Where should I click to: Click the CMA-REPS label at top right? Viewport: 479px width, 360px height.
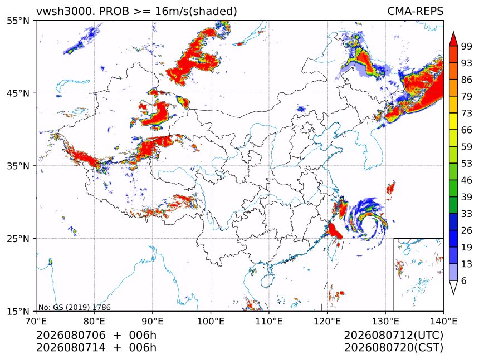tap(415, 11)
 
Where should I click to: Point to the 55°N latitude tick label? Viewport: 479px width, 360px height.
tap(18, 21)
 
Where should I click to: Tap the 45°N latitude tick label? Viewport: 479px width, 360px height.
tap(18, 93)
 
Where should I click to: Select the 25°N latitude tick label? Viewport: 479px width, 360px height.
tap(18, 238)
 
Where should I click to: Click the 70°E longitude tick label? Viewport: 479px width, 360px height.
tap(36, 321)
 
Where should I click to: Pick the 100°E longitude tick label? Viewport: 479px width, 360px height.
tap(211, 321)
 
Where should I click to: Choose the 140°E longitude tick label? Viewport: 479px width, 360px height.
tap(443, 321)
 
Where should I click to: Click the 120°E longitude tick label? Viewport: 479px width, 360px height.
tap(327, 321)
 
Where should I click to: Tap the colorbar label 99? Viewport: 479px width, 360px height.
tap(467, 46)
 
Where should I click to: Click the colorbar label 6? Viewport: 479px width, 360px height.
tap(464, 280)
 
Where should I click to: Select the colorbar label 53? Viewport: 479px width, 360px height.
tap(467, 164)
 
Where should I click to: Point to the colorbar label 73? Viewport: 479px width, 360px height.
tap(467, 113)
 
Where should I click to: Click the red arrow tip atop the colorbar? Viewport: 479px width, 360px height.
tap(453, 32)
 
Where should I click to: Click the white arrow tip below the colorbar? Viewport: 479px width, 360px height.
tap(453, 294)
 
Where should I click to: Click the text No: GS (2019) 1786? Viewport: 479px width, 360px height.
tap(74, 307)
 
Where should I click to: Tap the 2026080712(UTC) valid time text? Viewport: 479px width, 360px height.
tap(393, 335)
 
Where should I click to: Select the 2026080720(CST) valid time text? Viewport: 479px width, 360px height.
tap(393, 348)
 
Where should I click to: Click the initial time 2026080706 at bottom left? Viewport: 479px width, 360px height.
tap(71, 335)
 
